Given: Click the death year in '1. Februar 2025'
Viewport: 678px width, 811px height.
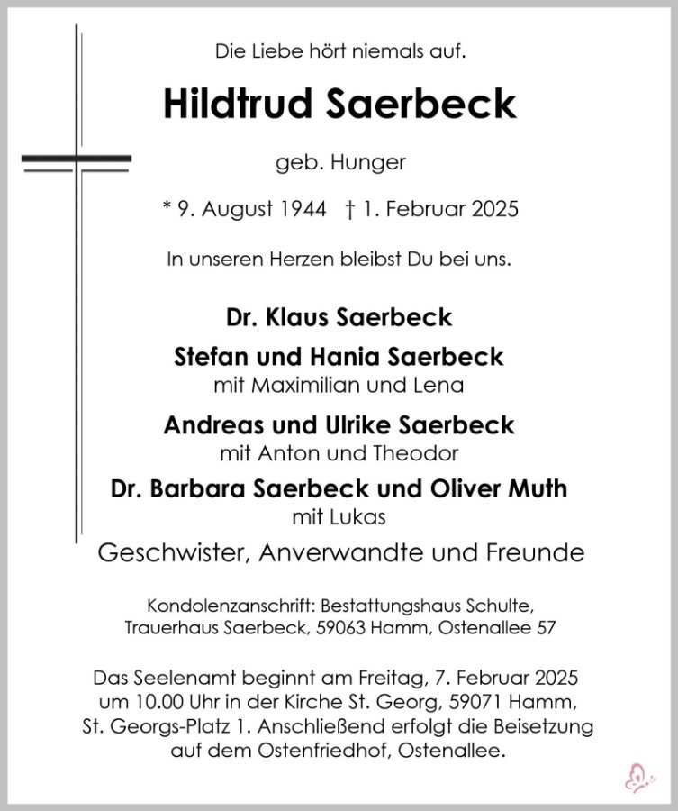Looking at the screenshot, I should [493, 210].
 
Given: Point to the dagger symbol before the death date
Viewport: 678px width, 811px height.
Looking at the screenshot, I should [349, 210].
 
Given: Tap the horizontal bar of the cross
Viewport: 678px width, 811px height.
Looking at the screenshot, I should [77, 161].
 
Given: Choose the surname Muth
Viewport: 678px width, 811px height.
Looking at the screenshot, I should [537, 489].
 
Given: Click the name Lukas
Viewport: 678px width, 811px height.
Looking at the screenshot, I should [364, 518].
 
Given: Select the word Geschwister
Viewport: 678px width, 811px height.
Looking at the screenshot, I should [172, 552].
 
